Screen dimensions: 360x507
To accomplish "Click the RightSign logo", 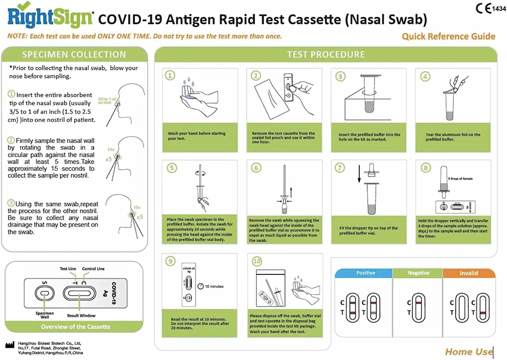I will click(50, 16).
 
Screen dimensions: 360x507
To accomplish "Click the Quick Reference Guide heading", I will click(448, 37).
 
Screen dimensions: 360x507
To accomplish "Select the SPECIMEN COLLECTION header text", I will click(74, 54).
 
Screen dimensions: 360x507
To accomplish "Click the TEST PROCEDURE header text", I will click(326, 54).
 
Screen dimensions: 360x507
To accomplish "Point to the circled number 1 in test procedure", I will click(170, 75).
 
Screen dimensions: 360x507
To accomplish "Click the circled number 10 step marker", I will click(257, 261).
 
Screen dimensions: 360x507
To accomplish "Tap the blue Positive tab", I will click(365, 273).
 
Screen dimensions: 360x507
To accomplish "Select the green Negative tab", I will click(418, 273).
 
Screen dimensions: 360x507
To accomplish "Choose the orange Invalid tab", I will click(468, 273).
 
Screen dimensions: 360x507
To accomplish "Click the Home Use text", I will click(468, 352).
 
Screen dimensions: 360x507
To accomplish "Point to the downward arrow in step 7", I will click(359, 174).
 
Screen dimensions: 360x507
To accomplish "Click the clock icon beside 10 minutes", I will click(200, 286).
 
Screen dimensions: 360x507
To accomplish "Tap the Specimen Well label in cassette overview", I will click(45, 315).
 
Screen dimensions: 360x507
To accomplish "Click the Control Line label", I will click(93, 269).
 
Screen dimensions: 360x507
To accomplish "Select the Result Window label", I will click(81, 315).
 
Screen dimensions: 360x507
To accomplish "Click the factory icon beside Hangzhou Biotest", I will click(10, 345).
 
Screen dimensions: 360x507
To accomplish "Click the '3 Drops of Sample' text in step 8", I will click(460, 178).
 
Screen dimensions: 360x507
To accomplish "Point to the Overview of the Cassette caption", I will click(75, 327).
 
